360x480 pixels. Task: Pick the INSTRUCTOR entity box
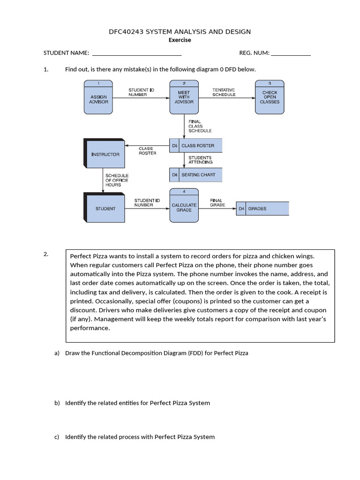coord(105,154)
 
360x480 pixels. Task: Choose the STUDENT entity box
coord(105,208)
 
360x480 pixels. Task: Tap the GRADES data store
coord(262,208)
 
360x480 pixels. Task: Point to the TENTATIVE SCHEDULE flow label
coord(224,92)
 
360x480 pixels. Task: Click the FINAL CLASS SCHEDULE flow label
coord(200,126)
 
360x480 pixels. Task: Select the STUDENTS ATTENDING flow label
coord(200,160)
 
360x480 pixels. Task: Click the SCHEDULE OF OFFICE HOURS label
coord(116,180)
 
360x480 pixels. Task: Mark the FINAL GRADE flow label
coord(217,202)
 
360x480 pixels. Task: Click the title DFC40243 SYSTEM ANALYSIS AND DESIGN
coord(180,31)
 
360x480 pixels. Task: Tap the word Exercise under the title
coord(180,40)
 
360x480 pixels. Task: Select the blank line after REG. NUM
coord(291,53)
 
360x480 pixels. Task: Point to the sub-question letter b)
coord(57,403)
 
